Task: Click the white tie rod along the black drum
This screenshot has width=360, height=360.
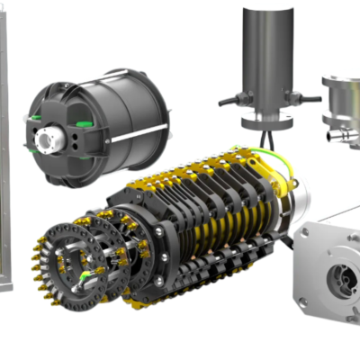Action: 135,135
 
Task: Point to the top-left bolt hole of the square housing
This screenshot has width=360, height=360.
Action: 307,233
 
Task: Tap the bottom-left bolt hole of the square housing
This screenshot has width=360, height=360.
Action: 304,301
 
